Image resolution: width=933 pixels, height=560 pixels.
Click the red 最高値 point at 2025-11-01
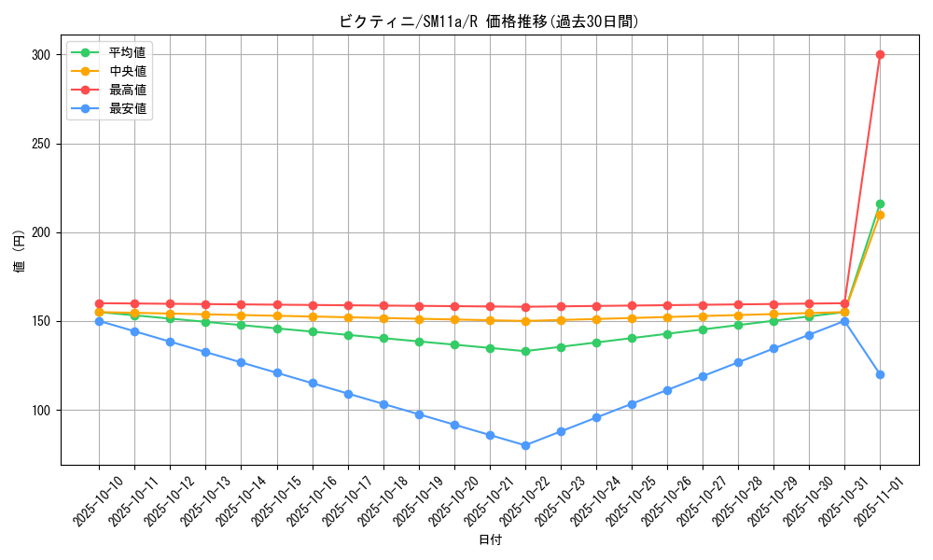point(880,54)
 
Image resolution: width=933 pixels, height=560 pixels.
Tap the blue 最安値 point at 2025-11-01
point(880,374)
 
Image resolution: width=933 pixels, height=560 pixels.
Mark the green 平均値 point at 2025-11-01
point(880,203)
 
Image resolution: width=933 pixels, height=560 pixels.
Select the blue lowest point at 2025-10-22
point(525,445)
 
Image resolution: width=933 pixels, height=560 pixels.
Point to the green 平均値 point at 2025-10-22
point(525,351)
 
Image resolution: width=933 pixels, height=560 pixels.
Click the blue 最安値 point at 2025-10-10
point(99,321)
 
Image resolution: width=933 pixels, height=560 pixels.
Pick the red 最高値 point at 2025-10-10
point(99,303)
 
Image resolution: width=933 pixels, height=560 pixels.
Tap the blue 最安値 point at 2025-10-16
point(313,383)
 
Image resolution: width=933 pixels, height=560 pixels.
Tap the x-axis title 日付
point(490,540)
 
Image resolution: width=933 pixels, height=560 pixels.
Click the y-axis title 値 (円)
point(20,251)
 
